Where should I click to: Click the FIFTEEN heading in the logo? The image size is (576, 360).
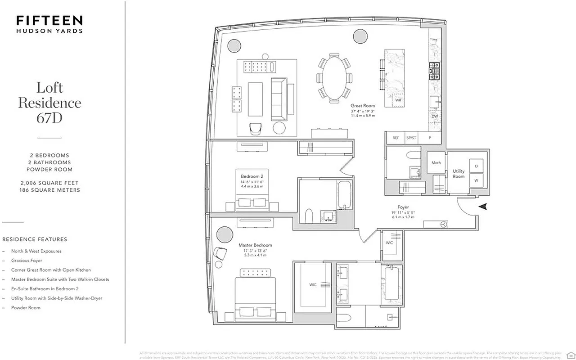(49, 21)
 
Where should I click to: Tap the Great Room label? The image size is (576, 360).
(363, 106)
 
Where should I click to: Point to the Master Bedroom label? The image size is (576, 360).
(255, 245)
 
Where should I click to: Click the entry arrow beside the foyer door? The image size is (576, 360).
(483, 207)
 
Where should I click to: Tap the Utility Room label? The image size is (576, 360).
(459, 174)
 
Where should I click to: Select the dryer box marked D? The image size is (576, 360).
(476, 166)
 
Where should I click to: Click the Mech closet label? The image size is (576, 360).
(436, 163)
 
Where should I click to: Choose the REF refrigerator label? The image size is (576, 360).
(396, 138)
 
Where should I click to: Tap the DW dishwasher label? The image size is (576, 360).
(435, 117)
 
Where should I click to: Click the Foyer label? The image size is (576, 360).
(403, 207)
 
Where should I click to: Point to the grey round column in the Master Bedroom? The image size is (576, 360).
(224, 234)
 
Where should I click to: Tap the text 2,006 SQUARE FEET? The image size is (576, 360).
(49, 183)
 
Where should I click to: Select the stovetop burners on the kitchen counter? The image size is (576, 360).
(435, 71)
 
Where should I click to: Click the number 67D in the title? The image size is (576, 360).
(49, 118)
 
